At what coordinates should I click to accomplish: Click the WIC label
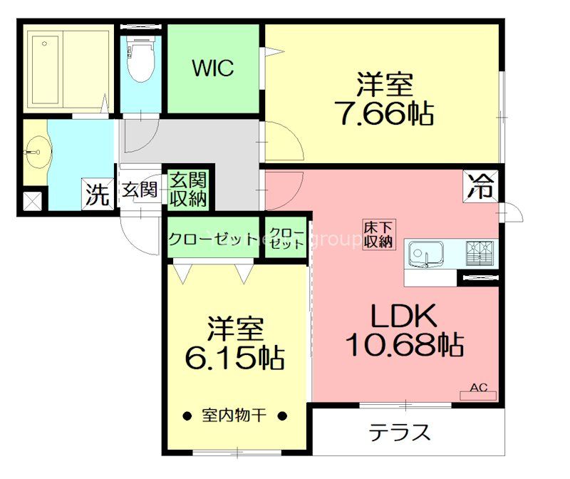213,68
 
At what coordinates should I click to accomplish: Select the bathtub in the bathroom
67,68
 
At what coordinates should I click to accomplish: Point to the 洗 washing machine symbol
98,195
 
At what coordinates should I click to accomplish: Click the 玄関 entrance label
140,190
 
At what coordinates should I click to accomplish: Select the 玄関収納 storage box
188,190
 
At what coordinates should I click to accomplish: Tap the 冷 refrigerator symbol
481,186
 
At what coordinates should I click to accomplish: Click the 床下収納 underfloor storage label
378,235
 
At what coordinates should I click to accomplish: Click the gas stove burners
480,254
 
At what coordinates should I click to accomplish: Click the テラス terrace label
399,433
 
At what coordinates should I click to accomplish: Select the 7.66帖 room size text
385,113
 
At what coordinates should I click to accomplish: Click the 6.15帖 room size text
235,357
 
